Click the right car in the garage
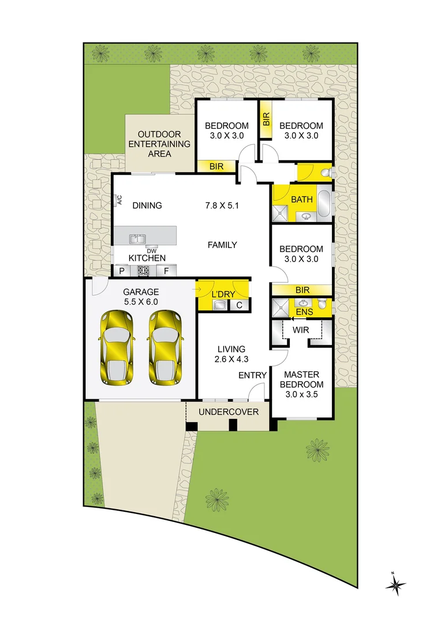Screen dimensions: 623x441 coord(165,348)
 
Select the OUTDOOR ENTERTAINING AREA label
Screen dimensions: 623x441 coord(159,144)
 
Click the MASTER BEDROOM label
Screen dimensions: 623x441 coord(302,384)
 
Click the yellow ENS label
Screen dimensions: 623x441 coord(304,312)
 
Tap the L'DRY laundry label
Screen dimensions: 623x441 coord(222,294)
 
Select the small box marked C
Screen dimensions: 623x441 coord(240,305)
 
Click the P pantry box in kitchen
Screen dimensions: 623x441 coord(122,271)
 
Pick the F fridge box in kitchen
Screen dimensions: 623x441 coord(166,271)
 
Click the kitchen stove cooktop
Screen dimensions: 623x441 coord(143,271)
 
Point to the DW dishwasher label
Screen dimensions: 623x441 coord(151,251)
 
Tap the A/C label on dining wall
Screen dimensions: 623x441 coord(120,200)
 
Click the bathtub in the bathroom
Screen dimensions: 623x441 coord(324,204)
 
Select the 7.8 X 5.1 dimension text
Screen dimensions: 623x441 coord(222,205)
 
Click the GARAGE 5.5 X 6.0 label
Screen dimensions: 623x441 coord(140,297)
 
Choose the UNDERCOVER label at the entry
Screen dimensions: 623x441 coord(229,412)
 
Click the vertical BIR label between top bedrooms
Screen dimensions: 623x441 coord(266,119)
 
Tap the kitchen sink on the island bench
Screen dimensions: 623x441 coord(137,238)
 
